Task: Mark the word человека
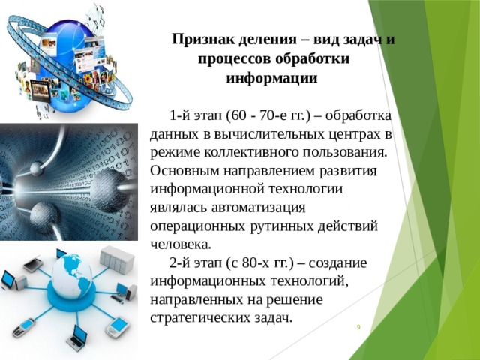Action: pos(181,244)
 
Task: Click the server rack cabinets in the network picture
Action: pos(119,262)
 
